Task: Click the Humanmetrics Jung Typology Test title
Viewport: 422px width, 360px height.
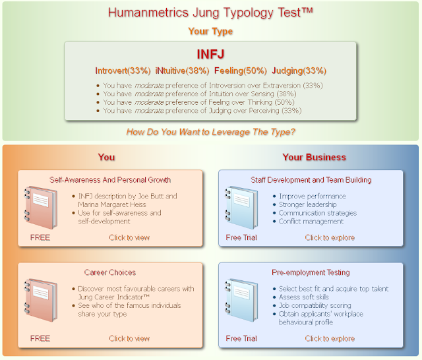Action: [x=210, y=13]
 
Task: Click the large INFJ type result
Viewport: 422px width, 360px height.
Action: [x=210, y=54]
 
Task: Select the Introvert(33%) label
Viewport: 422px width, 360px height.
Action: [x=123, y=71]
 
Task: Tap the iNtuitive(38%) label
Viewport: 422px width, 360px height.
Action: [x=182, y=71]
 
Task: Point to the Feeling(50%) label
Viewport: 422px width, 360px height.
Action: [x=240, y=71]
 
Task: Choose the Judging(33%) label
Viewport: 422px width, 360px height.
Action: [x=299, y=71]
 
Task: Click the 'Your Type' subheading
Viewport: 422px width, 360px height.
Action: [x=210, y=31]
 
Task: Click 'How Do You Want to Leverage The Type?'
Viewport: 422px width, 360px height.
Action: [x=210, y=132]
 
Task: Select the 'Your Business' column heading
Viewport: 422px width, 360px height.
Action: [x=314, y=157]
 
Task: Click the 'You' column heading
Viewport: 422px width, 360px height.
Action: [x=106, y=157]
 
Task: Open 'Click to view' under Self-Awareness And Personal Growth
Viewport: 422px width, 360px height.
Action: [x=129, y=237]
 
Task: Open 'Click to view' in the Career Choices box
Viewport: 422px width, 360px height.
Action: [x=129, y=338]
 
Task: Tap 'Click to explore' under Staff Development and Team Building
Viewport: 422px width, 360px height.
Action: [x=330, y=237]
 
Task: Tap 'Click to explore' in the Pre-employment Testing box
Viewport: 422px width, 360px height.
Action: [x=330, y=338]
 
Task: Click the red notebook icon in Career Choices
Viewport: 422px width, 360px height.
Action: [x=41, y=300]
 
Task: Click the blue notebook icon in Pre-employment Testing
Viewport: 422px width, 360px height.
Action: [x=241, y=300]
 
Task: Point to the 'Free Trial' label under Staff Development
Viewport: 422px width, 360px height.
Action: [x=241, y=237]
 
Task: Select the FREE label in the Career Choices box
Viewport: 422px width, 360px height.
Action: [x=40, y=338]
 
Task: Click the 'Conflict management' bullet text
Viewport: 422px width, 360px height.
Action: [x=311, y=221]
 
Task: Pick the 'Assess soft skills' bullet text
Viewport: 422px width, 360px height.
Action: [x=303, y=297]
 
